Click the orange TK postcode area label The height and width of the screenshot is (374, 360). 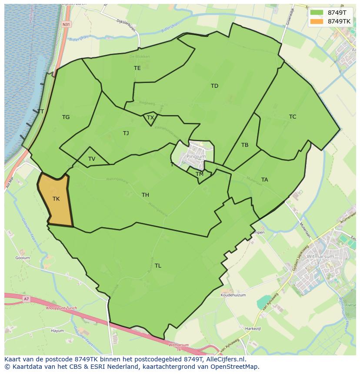pos(56,199)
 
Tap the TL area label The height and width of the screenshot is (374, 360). pos(158,266)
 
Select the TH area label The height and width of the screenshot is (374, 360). pos(145,195)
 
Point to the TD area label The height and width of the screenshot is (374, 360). pos(214,86)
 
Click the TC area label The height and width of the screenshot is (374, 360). pos(293,117)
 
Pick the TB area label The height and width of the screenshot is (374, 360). pos(245,145)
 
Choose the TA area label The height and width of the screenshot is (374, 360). pos(265,180)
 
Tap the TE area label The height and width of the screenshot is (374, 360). pos(137,68)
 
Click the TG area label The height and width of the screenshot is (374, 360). pos(66,117)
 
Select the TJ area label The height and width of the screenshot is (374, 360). pos(126,133)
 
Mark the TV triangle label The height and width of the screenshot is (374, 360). pos(92,159)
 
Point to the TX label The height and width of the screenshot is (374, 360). pos(150,118)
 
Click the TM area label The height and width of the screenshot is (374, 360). pos(200,174)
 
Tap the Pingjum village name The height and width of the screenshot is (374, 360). pos(196,156)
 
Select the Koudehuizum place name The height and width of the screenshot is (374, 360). pos(233,295)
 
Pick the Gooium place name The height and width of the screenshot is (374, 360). pos(23,258)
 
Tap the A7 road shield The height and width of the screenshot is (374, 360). pos(27,299)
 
